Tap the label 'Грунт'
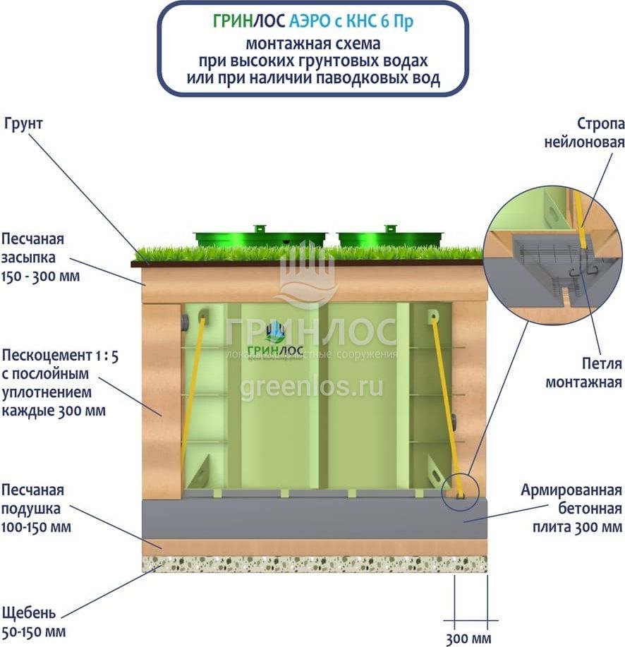point(24,123)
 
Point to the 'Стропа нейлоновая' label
point(583,133)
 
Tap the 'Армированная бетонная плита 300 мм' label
point(571,508)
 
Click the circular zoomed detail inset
point(554,251)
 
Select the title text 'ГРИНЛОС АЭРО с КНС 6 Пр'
point(312,21)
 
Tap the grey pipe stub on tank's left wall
point(185,324)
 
